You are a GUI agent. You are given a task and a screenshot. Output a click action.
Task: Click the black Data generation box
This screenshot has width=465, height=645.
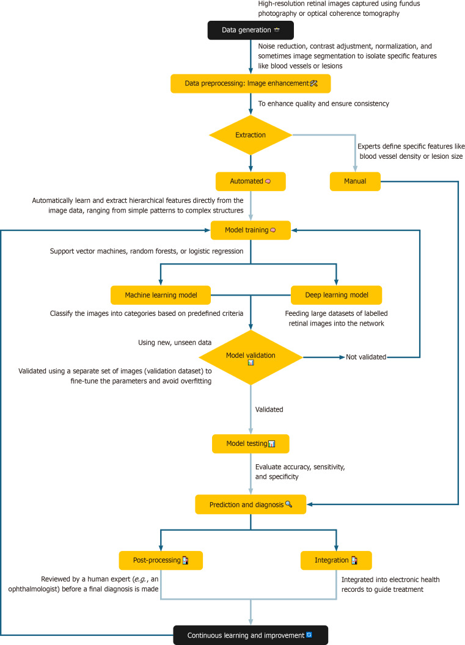point(251,30)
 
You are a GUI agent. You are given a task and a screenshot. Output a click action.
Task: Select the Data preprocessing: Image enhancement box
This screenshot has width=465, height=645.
point(251,84)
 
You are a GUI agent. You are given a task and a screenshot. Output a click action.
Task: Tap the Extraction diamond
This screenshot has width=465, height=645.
point(251,135)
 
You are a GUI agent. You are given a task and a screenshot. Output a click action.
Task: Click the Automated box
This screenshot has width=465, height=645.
point(251,181)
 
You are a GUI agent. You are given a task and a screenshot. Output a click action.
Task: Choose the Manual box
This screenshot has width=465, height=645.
point(355,181)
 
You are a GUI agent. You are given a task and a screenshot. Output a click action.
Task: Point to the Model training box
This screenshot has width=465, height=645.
point(251,230)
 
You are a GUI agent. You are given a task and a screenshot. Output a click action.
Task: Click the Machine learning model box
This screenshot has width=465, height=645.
point(161,296)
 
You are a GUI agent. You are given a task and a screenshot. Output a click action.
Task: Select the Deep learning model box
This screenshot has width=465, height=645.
point(337,296)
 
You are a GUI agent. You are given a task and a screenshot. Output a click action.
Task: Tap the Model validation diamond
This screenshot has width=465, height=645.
point(251,357)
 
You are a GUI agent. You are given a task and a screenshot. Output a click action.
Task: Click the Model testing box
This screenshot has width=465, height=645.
point(251,444)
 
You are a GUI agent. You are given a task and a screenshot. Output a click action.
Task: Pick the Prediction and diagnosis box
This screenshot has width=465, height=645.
point(251,505)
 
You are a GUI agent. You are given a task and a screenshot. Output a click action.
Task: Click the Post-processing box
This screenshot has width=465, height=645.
point(161,561)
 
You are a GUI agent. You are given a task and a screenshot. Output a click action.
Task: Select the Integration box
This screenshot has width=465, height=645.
point(336,561)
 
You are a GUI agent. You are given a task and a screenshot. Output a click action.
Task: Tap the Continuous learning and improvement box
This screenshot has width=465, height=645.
point(251,636)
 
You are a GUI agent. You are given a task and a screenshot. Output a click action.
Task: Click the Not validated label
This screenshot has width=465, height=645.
point(366,357)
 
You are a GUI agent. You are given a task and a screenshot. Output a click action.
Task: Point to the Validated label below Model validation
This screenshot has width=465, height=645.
point(269,410)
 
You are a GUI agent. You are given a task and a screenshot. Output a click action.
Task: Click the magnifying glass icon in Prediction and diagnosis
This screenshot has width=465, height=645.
point(288,504)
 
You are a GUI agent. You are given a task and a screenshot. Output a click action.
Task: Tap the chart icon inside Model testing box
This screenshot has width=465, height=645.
point(271,444)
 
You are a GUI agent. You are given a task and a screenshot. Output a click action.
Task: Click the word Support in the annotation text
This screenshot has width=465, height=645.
point(62,251)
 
